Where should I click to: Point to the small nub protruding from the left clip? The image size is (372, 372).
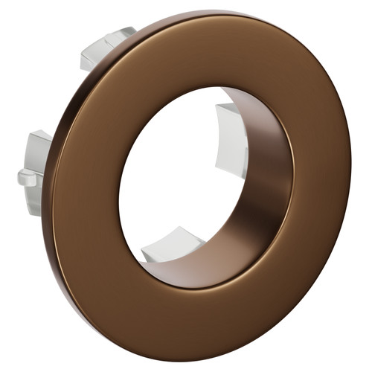click(25, 177)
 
